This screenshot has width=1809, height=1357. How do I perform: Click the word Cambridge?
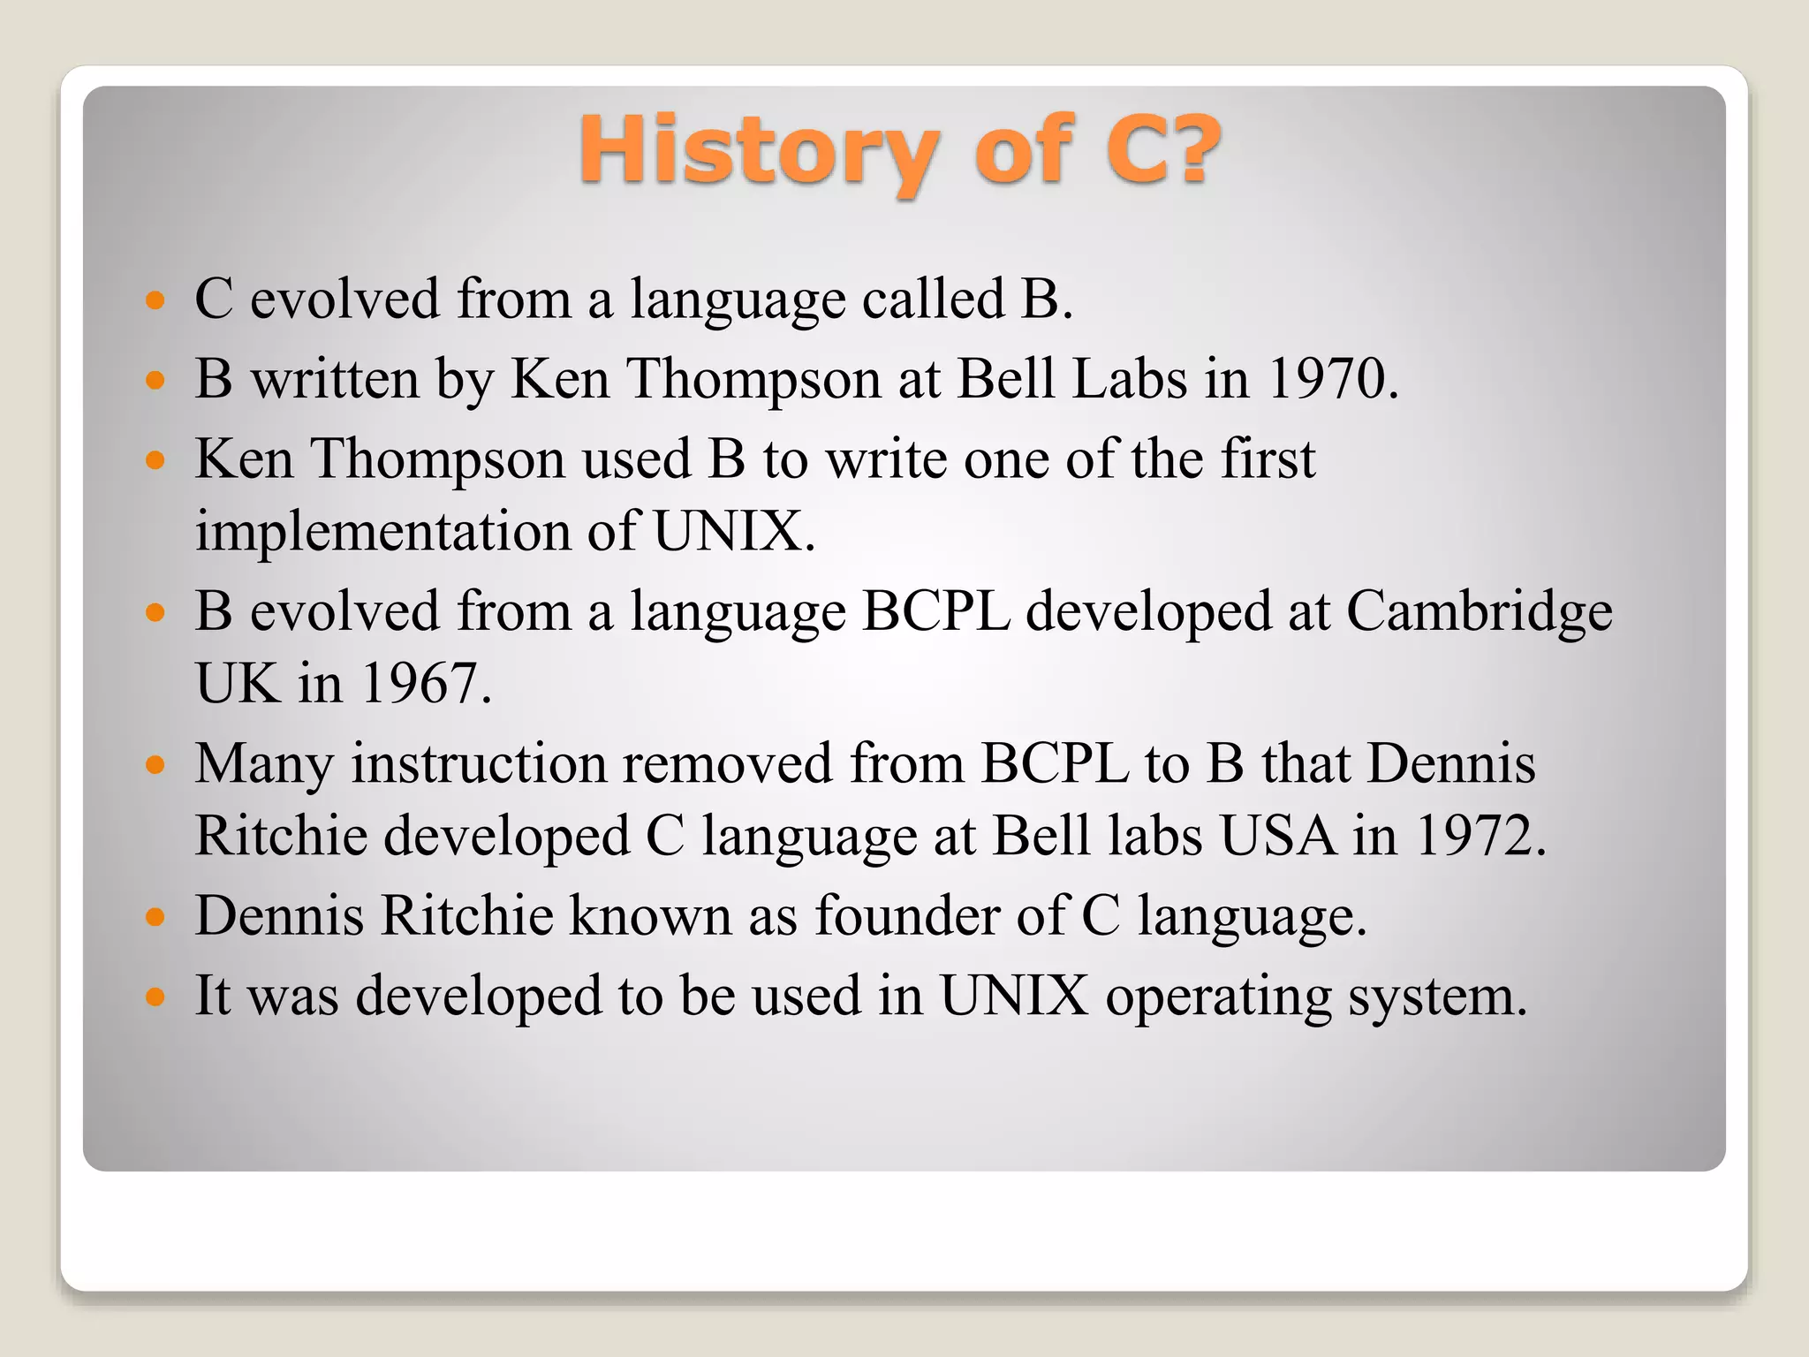[1479, 611]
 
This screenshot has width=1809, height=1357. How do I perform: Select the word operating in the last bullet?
[1219, 997]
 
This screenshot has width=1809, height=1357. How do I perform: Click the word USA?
[1277, 835]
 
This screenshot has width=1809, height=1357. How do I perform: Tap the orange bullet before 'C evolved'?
[155, 300]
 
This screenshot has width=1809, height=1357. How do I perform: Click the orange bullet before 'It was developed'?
[155, 997]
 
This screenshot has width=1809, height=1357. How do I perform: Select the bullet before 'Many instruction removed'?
[155, 764]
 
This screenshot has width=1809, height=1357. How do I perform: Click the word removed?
[727, 763]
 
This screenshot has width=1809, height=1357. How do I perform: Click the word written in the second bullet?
[335, 379]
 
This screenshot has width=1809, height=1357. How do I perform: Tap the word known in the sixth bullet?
[650, 915]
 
